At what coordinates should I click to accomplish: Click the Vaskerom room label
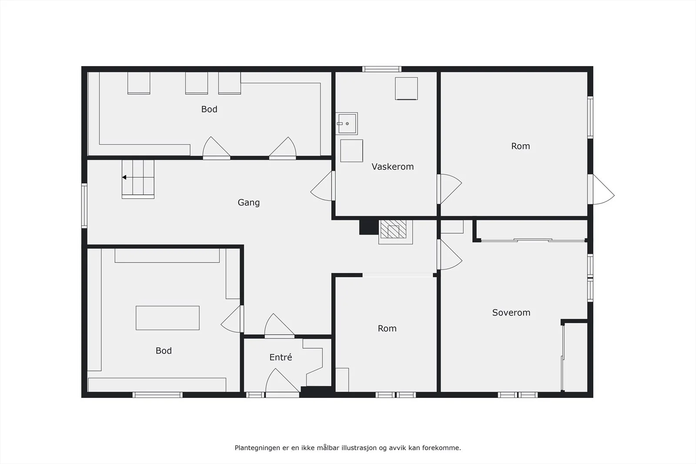click(x=392, y=167)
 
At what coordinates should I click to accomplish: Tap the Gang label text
click(x=248, y=203)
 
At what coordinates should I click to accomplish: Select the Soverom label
click(x=511, y=312)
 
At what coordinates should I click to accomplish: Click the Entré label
click(x=281, y=357)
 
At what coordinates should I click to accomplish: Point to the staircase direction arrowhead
click(x=124, y=177)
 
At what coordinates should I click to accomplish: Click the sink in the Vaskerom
click(x=346, y=124)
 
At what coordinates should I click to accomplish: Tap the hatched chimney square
click(x=393, y=229)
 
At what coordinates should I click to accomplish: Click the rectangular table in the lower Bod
click(x=167, y=318)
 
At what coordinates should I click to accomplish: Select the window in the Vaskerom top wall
click(x=381, y=69)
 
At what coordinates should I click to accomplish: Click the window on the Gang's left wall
click(x=84, y=206)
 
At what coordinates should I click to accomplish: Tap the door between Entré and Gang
click(x=279, y=326)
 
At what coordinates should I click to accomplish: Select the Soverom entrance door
click(x=450, y=254)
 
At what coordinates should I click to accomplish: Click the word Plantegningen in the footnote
click(x=257, y=448)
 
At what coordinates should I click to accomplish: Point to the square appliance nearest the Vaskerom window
click(x=406, y=89)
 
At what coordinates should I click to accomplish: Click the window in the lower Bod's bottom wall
click(x=157, y=395)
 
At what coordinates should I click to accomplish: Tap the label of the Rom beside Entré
click(x=387, y=329)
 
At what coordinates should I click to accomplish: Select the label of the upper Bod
click(x=209, y=109)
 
